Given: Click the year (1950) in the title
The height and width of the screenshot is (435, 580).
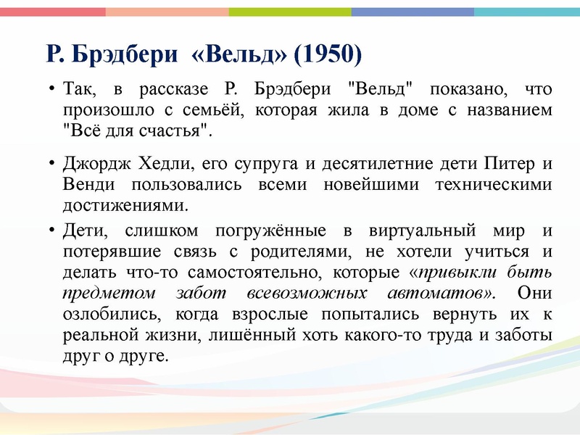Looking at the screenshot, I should (x=328, y=54).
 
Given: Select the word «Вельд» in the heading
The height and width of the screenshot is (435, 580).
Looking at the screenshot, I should (x=243, y=54).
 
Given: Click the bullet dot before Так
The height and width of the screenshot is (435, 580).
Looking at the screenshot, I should (x=53, y=91).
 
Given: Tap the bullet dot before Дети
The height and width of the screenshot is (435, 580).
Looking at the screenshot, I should (x=53, y=232).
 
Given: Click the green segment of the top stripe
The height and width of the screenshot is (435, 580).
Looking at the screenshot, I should (x=290, y=12).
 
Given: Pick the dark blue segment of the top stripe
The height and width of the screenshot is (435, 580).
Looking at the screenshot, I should (x=413, y=12).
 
